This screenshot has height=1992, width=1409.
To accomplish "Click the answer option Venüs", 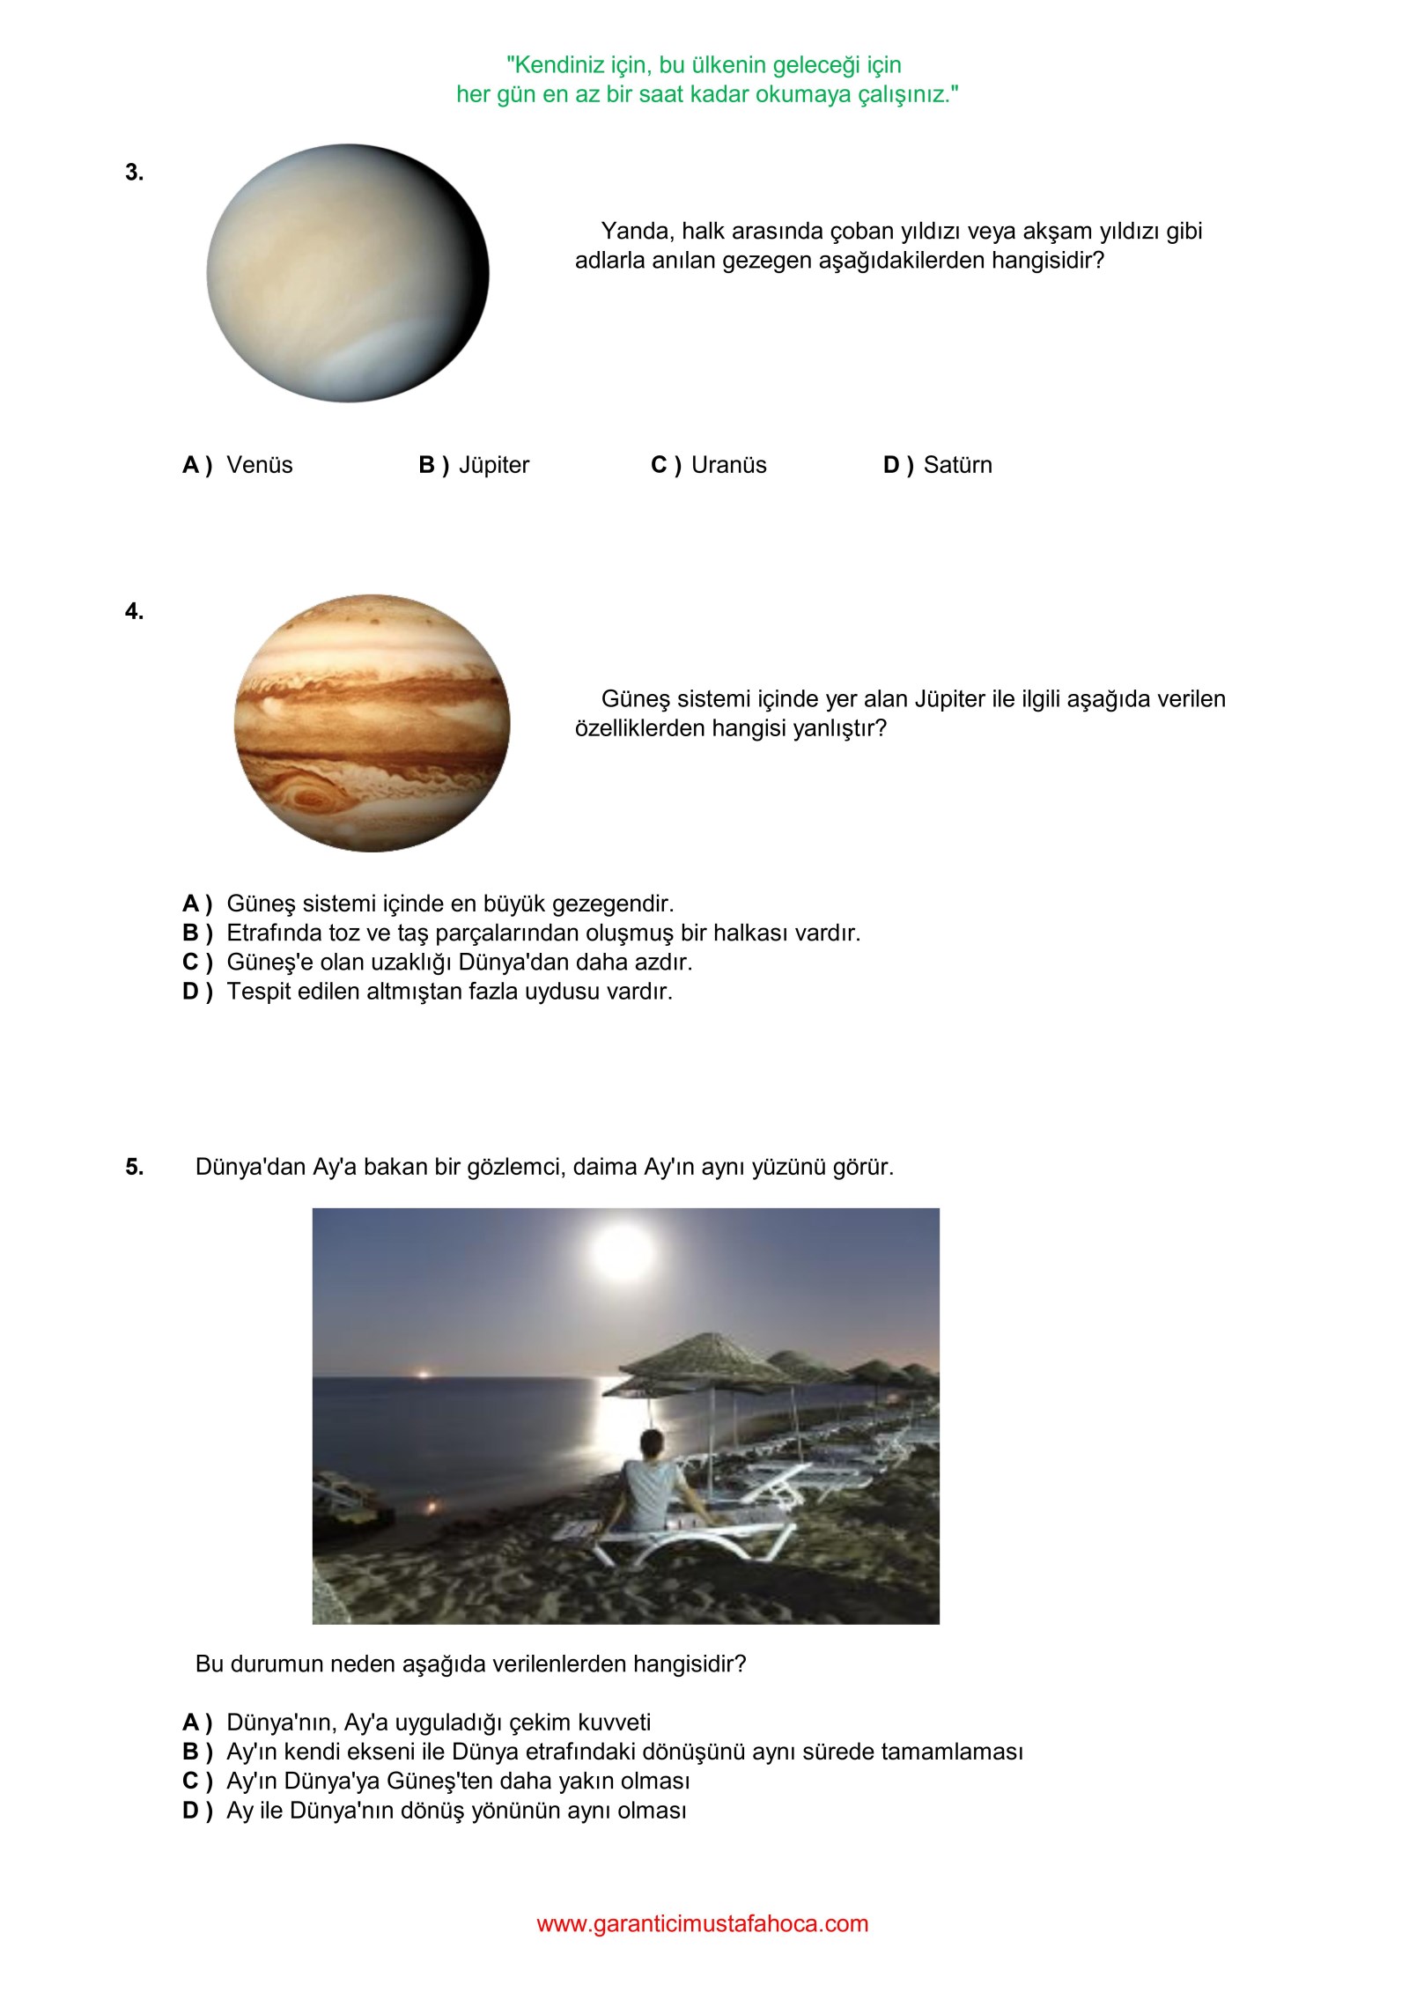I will pyautogui.click(x=259, y=465).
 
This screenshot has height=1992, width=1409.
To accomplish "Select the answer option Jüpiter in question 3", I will pyautogui.click(x=493, y=465).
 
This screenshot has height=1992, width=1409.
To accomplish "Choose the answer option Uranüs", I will pyautogui.click(x=728, y=465).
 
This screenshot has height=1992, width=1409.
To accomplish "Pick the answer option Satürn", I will pyautogui.click(x=957, y=465).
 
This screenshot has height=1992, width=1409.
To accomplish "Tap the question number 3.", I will pyautogui.click(x=134, y=173).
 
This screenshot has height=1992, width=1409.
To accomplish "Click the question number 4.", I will pyautogui.click(x=134, y=611).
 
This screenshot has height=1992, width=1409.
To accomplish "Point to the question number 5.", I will pyautogui.click(x=134, y=1167).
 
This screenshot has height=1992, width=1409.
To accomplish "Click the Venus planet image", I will pyautogui.click(x=348, y=273).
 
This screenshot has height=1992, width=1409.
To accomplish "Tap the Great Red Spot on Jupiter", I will pyautogui.click(x=308, y=797).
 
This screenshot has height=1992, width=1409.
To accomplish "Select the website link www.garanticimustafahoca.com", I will pyautogui.click(x=702, y=1923).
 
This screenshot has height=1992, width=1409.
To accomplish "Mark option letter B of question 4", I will pyautogui.click(x=196, y=933).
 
